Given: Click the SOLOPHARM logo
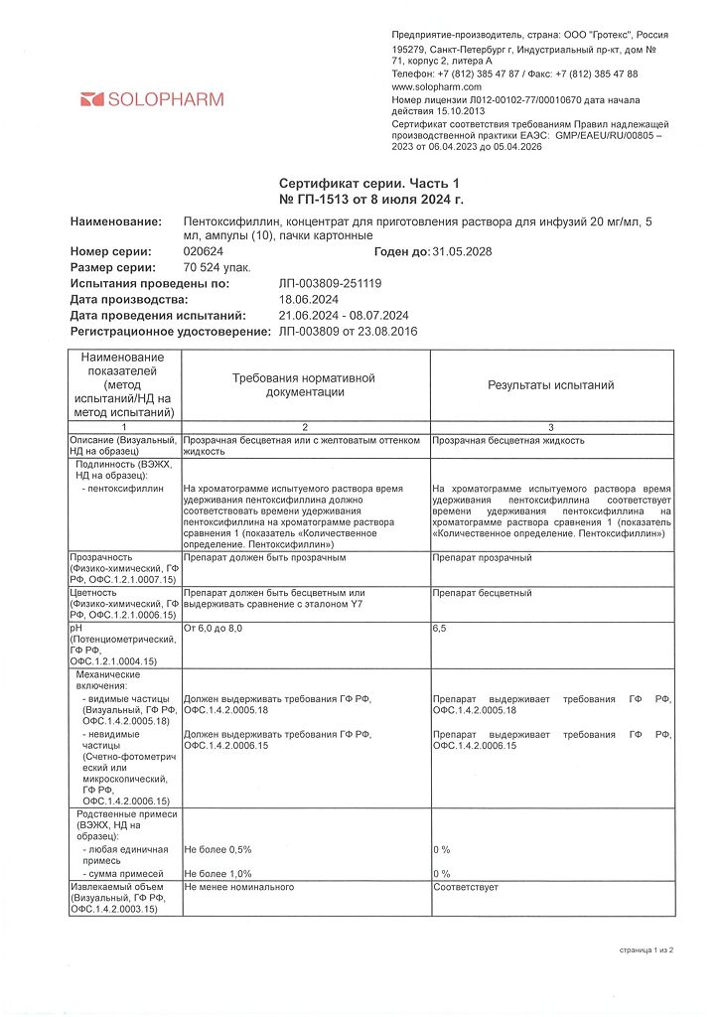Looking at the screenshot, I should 152,99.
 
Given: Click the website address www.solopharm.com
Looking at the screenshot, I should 437,87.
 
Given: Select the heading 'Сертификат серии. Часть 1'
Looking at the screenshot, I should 369,184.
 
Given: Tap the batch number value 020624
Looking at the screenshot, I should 204,252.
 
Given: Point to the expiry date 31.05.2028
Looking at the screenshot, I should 462,252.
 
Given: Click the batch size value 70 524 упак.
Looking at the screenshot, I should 211,268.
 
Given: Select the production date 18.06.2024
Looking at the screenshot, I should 310,299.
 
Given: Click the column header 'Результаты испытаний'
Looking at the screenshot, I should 550,385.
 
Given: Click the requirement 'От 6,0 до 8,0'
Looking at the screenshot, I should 213,630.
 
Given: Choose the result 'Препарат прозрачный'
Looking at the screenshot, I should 482,558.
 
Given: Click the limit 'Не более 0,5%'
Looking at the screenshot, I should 218,850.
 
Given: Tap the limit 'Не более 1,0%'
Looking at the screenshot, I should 218,873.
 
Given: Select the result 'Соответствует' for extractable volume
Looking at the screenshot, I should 466,886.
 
